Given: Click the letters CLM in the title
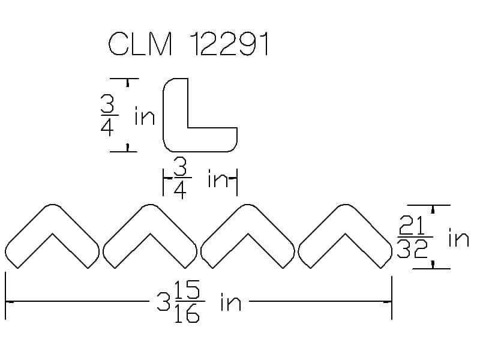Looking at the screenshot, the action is (140, 44).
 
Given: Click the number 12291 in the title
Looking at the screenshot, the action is (229, 44).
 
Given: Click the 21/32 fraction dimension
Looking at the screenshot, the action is (414, 236).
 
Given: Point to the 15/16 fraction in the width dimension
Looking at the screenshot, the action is (187, 301).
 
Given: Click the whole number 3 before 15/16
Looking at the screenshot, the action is (163, 302).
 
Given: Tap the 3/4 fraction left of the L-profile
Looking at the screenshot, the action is (109, 115).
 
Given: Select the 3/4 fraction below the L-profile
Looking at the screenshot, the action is (181, 178).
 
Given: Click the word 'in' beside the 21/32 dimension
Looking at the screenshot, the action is (458, 238).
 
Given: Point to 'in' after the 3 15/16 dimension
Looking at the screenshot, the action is (231, 302).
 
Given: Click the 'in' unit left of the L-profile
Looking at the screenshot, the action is (145, 116).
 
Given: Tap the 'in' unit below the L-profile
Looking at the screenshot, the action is (218, 178).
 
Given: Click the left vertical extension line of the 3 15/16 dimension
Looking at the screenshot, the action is (5, 296).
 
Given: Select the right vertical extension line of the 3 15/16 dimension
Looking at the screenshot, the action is (392, 298).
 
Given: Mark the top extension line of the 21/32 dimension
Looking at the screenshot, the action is (428, 205).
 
